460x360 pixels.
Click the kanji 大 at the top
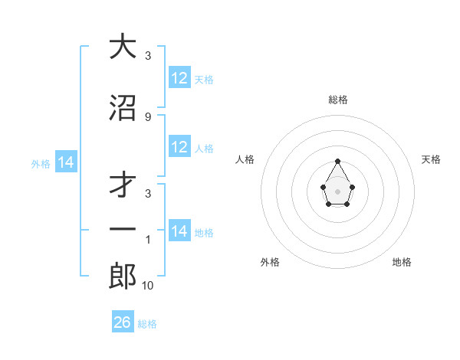123,47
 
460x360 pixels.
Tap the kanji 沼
123,107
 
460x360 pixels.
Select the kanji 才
123,185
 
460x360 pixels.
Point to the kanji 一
123,230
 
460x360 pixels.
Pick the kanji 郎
123,277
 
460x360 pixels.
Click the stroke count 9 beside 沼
148,116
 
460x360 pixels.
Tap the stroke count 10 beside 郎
148,286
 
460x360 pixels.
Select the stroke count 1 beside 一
148,240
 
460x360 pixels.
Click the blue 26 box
123,322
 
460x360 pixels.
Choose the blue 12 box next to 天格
179,78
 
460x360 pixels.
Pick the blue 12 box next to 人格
179,147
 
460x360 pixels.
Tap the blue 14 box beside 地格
179,231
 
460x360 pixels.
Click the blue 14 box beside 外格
66,162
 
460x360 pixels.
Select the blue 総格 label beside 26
147,324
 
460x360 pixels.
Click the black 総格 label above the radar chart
338,100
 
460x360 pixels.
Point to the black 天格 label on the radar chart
431,159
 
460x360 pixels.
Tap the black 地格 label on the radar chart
402,262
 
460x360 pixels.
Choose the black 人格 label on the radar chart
245,159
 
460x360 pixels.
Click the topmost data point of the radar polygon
338,161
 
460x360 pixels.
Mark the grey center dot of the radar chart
338,190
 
